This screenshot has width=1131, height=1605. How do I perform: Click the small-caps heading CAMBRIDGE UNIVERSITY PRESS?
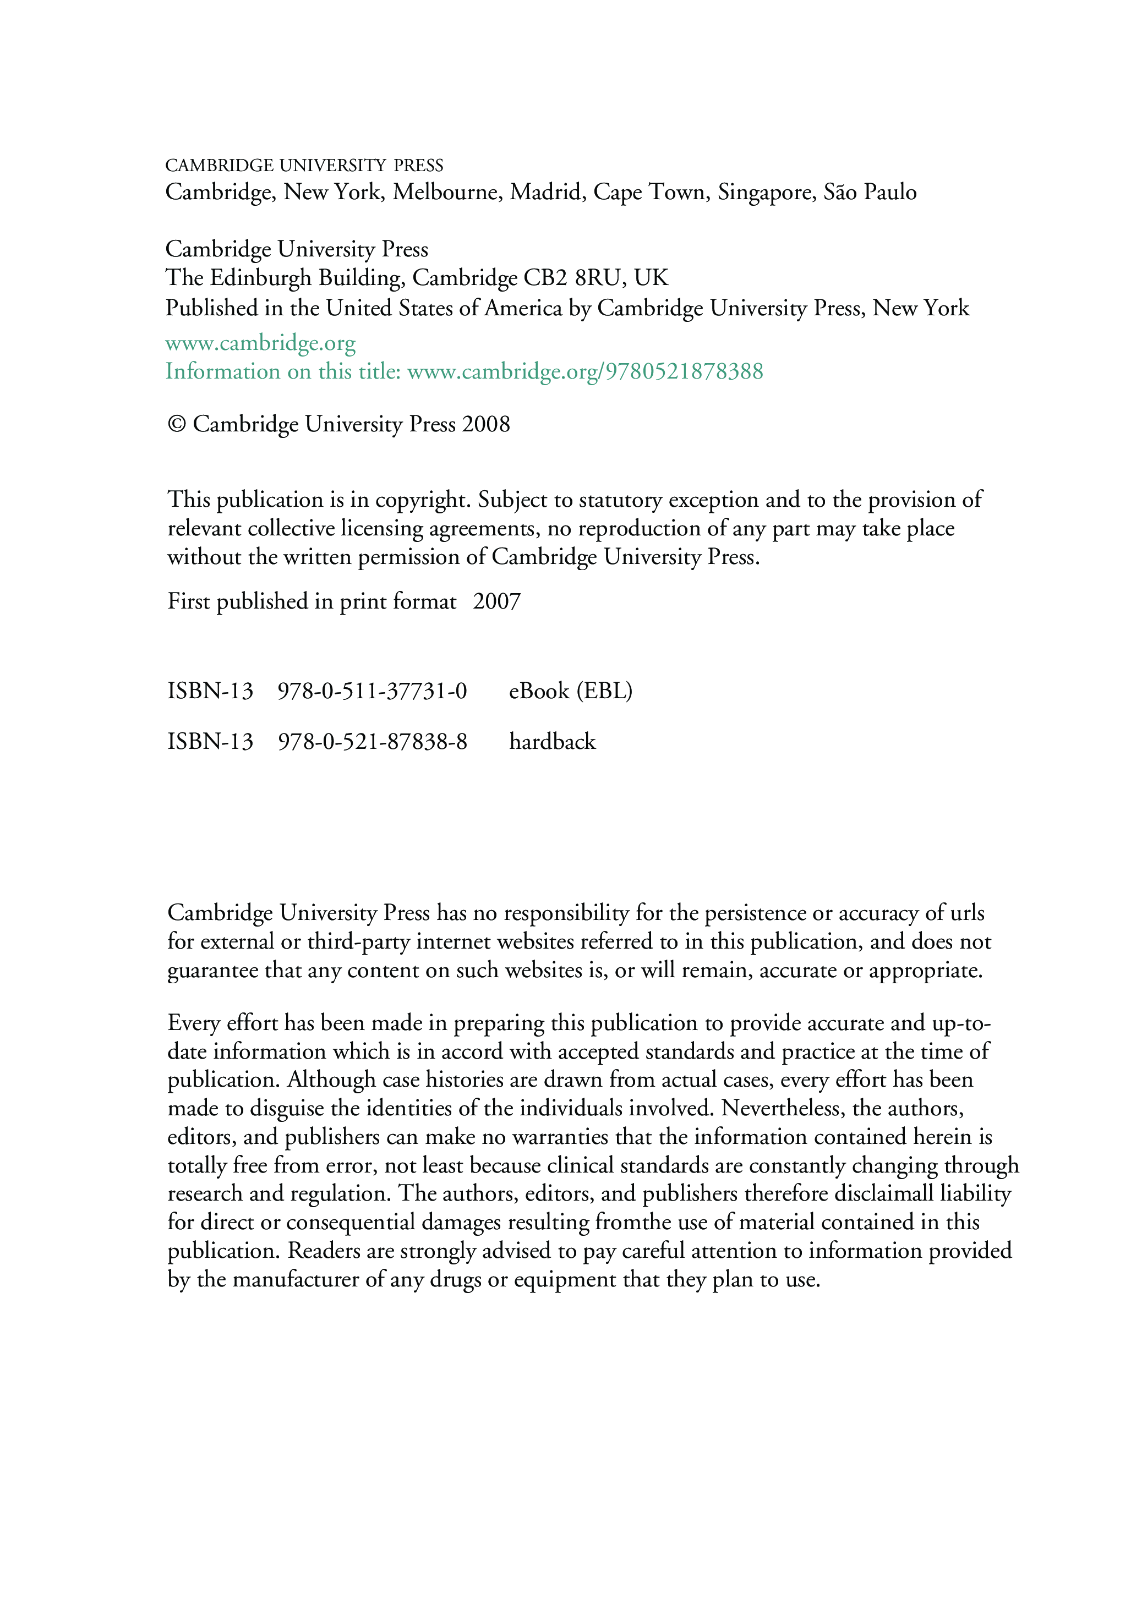tap(304, 166)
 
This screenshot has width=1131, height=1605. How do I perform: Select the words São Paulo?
tap(870, 191)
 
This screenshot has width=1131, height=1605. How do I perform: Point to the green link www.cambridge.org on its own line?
tap(260, 343)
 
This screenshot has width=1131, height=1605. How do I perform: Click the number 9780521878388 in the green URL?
tap(684, 371)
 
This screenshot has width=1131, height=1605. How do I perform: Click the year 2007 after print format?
tap(496, 602)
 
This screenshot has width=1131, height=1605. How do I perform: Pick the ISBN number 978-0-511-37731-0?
tap(372, 691)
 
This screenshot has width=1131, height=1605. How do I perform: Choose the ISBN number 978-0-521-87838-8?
tap(372, 742)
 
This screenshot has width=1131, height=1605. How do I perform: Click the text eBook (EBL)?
tap(570, 691)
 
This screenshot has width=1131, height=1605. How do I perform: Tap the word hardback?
tap(552, 742)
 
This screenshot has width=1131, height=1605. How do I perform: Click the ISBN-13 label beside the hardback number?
tap(210, 742)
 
